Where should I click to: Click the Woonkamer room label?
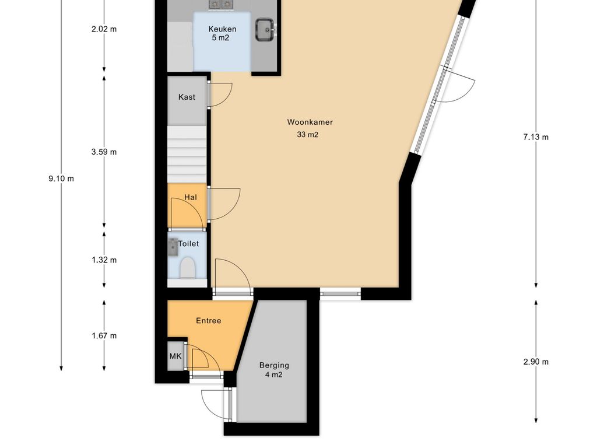click(x=310, y=122)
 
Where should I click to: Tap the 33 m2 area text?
click(x=308, y=135)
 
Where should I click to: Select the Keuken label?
click(x=222, y=29)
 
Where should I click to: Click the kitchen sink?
click(x=265, y=29)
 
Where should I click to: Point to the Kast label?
click(x=187, y=97)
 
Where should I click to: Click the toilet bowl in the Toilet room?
click(x=187, y=267)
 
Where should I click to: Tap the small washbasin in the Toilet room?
click(x=173, y=247)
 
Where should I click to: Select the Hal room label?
click(x=191, y=197)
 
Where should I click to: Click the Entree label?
click(x=209, y=321)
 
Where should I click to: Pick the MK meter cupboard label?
click(x=175, y=356)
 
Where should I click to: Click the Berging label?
click(x=274, y=365)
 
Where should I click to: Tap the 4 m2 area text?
click(x=274, y=375)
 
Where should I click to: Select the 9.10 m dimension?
click(x=61, y=178)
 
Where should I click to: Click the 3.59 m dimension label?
click(x=104, y=152)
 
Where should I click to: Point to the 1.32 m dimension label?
click(x=104, y=260)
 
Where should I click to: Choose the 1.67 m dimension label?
click(x=104, y=335)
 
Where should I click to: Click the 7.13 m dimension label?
click(x=536, y=137)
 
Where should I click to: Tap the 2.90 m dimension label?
click(x=536, y=362)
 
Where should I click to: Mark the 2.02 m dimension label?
click(x=104, y=29)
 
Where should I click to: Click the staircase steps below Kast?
click(x=187, y=154)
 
